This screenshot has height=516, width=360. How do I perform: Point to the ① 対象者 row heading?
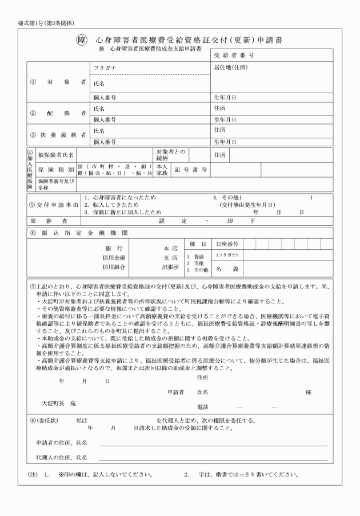click(x=58, y=82)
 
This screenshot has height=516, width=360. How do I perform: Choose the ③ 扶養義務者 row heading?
click(x=58, y=135)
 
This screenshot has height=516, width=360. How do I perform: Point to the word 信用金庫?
click(x=112, y=258)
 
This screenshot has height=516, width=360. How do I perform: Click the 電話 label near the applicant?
click(x=202, y=406)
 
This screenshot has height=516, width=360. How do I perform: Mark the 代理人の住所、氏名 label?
click(x=61, y=457)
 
